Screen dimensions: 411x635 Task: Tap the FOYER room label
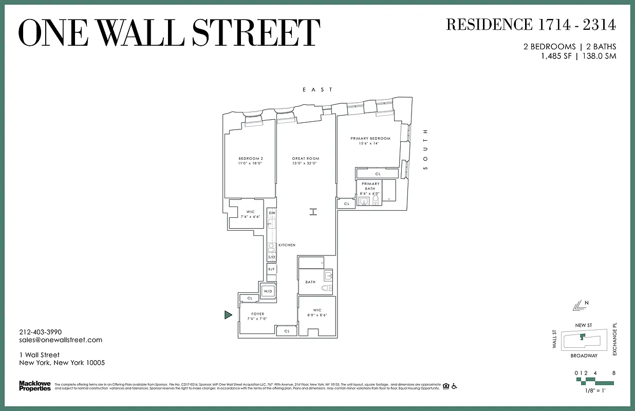[x=257, y=314]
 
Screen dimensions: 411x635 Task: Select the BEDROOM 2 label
[x=251, y=158]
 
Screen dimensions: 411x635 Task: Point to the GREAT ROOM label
[x=306, y=158]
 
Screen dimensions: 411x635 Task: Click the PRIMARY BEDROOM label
[x=370, y=138]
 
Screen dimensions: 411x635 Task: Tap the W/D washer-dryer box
[x=268, y=291]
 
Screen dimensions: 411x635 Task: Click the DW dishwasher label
[x=272, y=213]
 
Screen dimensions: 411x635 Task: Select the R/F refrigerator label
[x=272, y=269]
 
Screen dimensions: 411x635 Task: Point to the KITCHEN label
[x=287, y=245]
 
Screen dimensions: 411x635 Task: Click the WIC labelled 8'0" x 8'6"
[x=317, y=310]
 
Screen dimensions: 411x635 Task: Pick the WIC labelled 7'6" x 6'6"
[x=250, y=212]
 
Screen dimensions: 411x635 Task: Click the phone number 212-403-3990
[x=41, y=332]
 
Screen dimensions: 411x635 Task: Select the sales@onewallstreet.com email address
[x=61, y=340]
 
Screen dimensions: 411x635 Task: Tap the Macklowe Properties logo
[x=35, y=385]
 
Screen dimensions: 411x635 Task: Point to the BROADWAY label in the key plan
[x=584, y=356]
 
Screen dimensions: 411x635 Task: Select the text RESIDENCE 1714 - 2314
[x=531, y=24]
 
